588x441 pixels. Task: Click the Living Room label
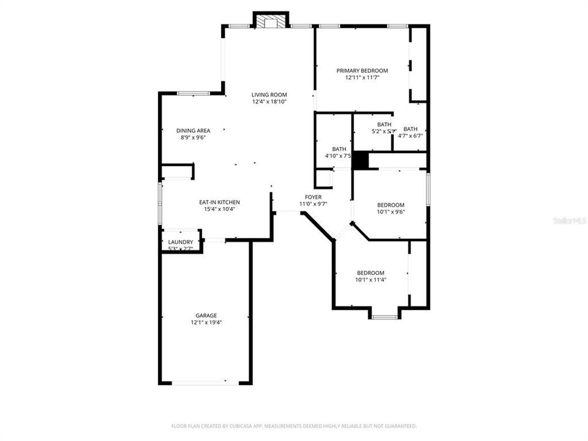(269, 94)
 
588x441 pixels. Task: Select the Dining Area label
(193, 130)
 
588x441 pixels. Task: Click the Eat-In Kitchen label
(219, 202)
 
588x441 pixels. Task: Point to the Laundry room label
(181, 242)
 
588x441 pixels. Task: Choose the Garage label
(206, 315)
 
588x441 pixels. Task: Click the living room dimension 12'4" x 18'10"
(269, 102)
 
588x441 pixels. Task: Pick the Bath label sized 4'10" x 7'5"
(339, 149)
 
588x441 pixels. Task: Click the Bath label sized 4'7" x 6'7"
(410, 129)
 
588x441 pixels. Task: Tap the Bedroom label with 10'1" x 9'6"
(390, 205)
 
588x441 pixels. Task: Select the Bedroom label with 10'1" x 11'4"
(371, 273)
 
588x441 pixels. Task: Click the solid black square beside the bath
(362, 160)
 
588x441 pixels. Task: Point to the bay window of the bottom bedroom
(384, 317)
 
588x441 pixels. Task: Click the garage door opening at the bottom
(205, 383)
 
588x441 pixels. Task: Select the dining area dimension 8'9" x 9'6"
(193, 138)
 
